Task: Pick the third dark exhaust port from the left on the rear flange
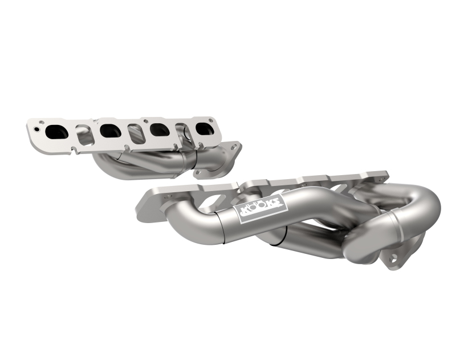pos(155,130)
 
